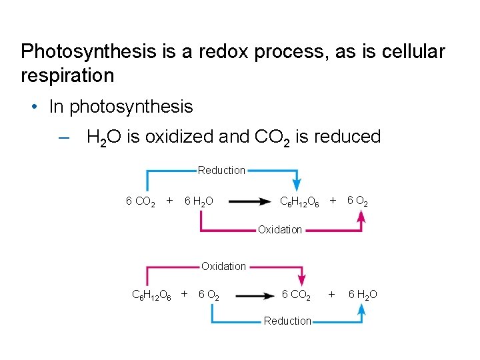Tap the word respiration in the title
[67, 75]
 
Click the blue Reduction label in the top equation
[221, 171]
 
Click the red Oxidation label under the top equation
[279, 230]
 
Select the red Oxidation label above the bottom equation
[223, 267]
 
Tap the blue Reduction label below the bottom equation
[287, 321]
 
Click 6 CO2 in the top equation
[141, 201]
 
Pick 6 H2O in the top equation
[198, 201]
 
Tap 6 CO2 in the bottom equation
[296, 295]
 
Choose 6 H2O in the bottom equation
[362, 295]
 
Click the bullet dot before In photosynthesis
[33, 107]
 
